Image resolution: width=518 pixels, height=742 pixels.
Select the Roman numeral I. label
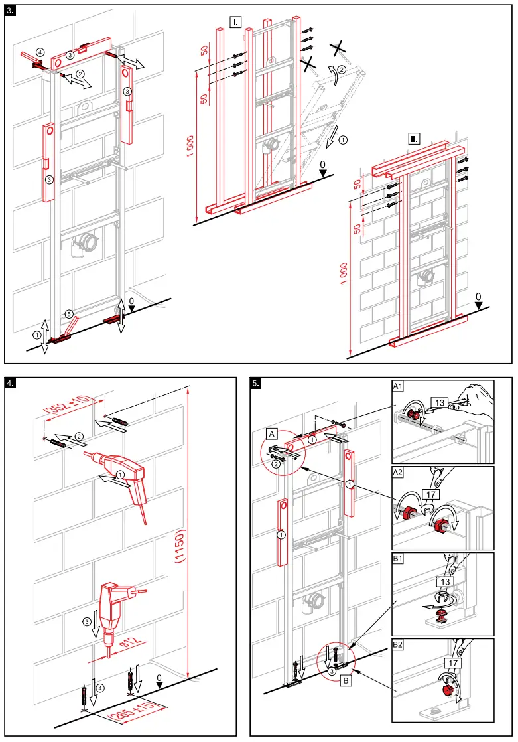point(235,22)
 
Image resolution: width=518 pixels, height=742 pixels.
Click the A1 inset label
point(399,386)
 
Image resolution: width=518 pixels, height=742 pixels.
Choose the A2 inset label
point(399,473)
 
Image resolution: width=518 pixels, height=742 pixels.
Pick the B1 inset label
point(399,559)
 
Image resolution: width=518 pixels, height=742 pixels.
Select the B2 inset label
point(399,645)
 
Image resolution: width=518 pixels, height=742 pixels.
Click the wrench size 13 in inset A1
point(439,402)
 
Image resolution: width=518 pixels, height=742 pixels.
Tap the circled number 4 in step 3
point(40,52)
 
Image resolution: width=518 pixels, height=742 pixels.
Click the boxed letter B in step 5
point(346,680)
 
